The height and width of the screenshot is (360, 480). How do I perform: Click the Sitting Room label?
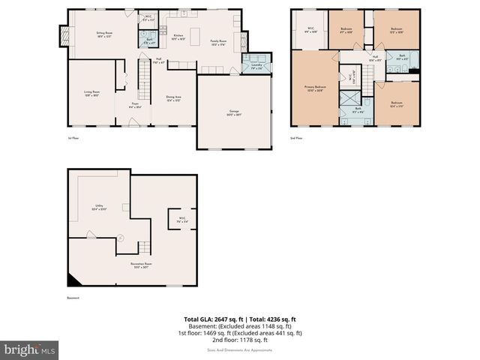click(x=103, y=34)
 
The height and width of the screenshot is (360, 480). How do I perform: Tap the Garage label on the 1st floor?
click(x=234, y=113)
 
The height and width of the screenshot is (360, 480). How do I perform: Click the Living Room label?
click(x=93, y=94)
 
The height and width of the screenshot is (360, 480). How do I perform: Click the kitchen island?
click(x=194, y=34)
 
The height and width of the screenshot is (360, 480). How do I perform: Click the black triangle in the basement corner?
click(x=74, y=280)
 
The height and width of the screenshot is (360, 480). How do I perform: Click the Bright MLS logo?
click(x=30, y=349)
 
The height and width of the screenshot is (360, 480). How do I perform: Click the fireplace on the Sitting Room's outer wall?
click(x=62, y=34)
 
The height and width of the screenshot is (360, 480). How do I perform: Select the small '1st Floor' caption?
click(x=73, y=138)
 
